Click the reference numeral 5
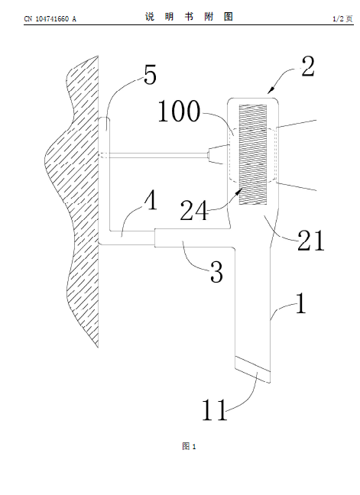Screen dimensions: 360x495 [151, 76]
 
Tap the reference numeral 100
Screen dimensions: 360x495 [179, 111]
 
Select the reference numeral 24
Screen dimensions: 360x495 [194, 211]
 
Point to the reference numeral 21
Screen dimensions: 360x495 [311, 240]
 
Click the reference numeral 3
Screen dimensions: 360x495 [216, 272]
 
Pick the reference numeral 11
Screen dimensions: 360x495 [215, 409]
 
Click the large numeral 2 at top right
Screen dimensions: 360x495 [308, 66]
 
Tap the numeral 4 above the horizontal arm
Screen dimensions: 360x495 [151, 201]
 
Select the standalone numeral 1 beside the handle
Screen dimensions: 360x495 [301, 303]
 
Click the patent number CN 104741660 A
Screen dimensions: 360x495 [50, 19]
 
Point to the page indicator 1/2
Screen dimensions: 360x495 [338, 19]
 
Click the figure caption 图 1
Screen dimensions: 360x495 [189, 446]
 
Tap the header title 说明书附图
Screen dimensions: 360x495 [189, 17]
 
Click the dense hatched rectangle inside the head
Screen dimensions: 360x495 [253, 154]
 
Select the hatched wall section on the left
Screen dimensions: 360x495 [73, 202]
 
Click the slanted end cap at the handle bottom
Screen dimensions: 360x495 [253, 370]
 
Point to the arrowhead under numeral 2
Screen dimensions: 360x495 [271, 91]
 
